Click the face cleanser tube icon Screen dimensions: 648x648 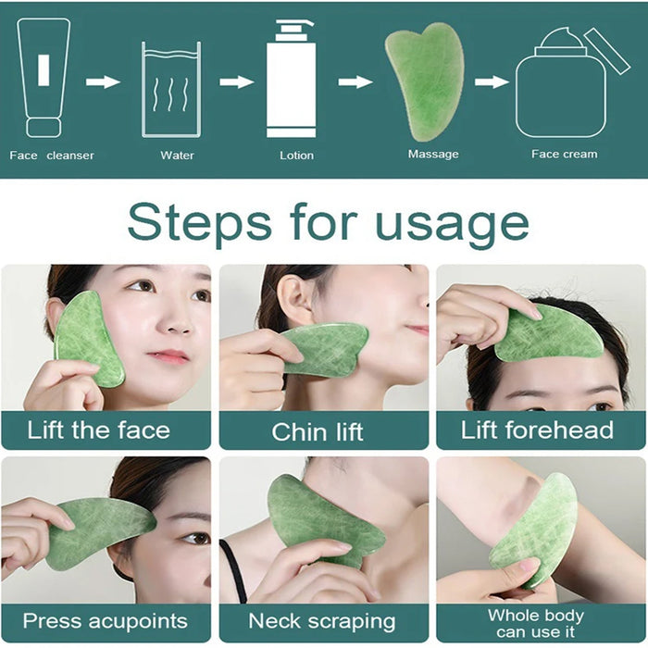[x=43, y=78]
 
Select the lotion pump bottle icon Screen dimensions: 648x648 [x=291, y=79]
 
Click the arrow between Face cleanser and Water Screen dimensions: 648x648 [x=103, y=81]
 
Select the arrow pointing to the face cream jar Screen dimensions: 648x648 [x=492, y=81]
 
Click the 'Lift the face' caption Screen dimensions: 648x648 [x=98, y=430]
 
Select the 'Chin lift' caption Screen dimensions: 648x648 [x=318, y=431]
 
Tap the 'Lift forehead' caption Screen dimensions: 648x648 [x=537, y=430]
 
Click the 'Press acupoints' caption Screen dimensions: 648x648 [x=105, y=620]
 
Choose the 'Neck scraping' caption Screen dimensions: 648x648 [x=321, y=621]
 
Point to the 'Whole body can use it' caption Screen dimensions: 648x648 [x=536, y=623]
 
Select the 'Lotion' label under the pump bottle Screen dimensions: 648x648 [x=296, y=156]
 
